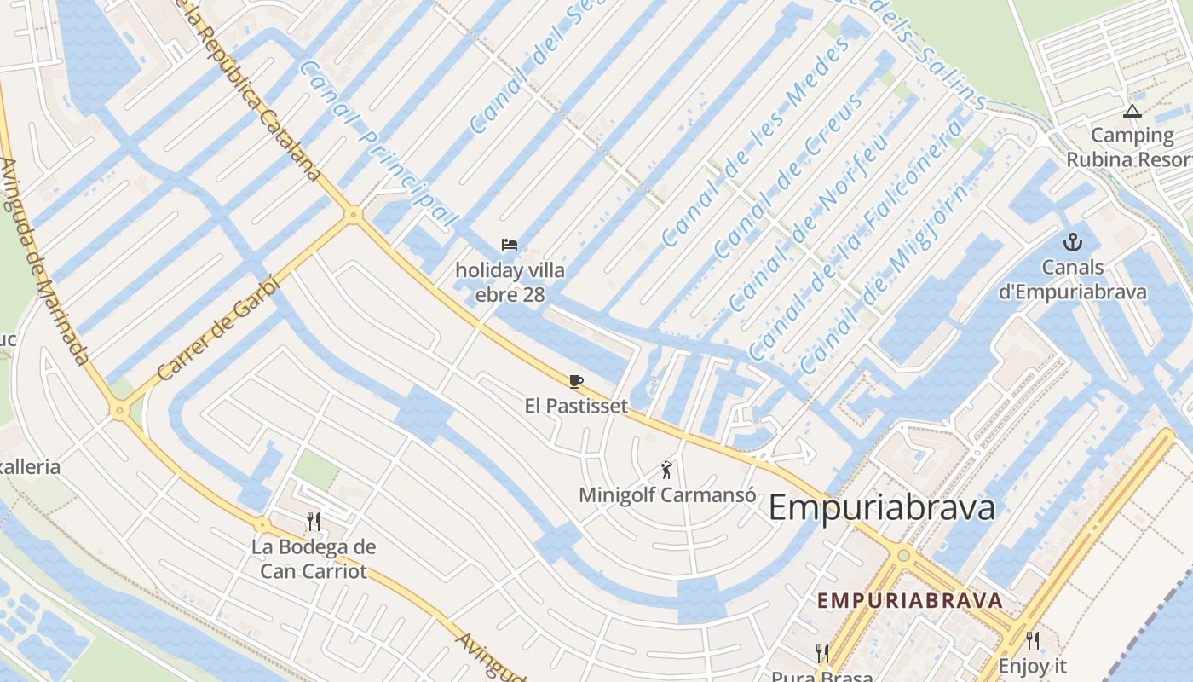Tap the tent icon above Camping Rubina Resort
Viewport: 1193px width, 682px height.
(x=1132, y=111)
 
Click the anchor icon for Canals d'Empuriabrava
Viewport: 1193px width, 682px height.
(x=1072, y=243)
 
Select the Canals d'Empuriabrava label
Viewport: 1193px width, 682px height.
(x=1072, y=280)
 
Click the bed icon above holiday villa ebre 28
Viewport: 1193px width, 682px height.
(x=510, y=245)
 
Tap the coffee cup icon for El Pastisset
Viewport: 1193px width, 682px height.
(x=576, y=381)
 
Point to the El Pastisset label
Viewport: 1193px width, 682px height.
(x=576, y=406)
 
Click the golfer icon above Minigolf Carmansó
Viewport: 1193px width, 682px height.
(x=666, y=469)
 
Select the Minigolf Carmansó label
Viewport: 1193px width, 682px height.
(x=666, y=494)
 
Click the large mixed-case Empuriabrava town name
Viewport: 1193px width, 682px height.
(x=882, y=508)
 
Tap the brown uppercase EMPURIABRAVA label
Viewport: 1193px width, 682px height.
(x=910, y=600)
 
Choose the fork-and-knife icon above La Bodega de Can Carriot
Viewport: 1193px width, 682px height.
(x=314, y=521)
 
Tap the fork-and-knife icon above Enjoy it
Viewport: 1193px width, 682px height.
(x=1032, y=640)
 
